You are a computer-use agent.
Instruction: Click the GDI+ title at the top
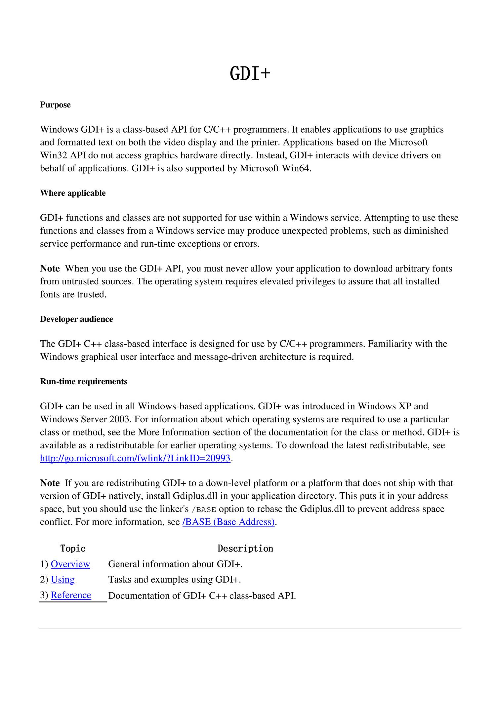pyautogui.click(x=250, y=73)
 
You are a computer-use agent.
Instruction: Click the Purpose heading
pyautogui.click(x=55, y=105)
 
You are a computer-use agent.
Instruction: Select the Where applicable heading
pyautogui.click(x=73, y=193)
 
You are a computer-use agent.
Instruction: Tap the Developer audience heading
pyautogui.click(x=76, y=319)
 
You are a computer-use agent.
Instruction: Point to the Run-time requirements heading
pyautogui.click(x=84, y=382)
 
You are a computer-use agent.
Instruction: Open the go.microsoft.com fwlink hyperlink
pyautogui.click(x=135, y=458)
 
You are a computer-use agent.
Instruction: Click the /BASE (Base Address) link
pyautogui.click(x=228, y=522)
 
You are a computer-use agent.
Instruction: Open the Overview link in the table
pyautogui.click(x=70, y=564)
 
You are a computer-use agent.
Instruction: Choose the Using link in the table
pyautogui.click(x=62, y=580)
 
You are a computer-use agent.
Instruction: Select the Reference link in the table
pyautogui.click(x=71, y=595)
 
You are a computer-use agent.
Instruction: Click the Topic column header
pyautogui.click(x=73, y=549)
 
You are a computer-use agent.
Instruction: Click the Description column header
pyautogui.click(x=245, y=549)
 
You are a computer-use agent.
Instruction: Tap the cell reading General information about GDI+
pyautogui.click(x=175, y=564)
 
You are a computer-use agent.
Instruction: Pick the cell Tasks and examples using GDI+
pyautogui.click(x=174, y=580)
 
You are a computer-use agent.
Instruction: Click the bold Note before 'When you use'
pyautogui.click(x=50, y=268)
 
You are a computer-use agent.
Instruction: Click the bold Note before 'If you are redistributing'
pyautogui.click(x=50, y=483)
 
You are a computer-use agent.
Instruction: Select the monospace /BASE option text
pyautogui.click(x=204, y=509)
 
